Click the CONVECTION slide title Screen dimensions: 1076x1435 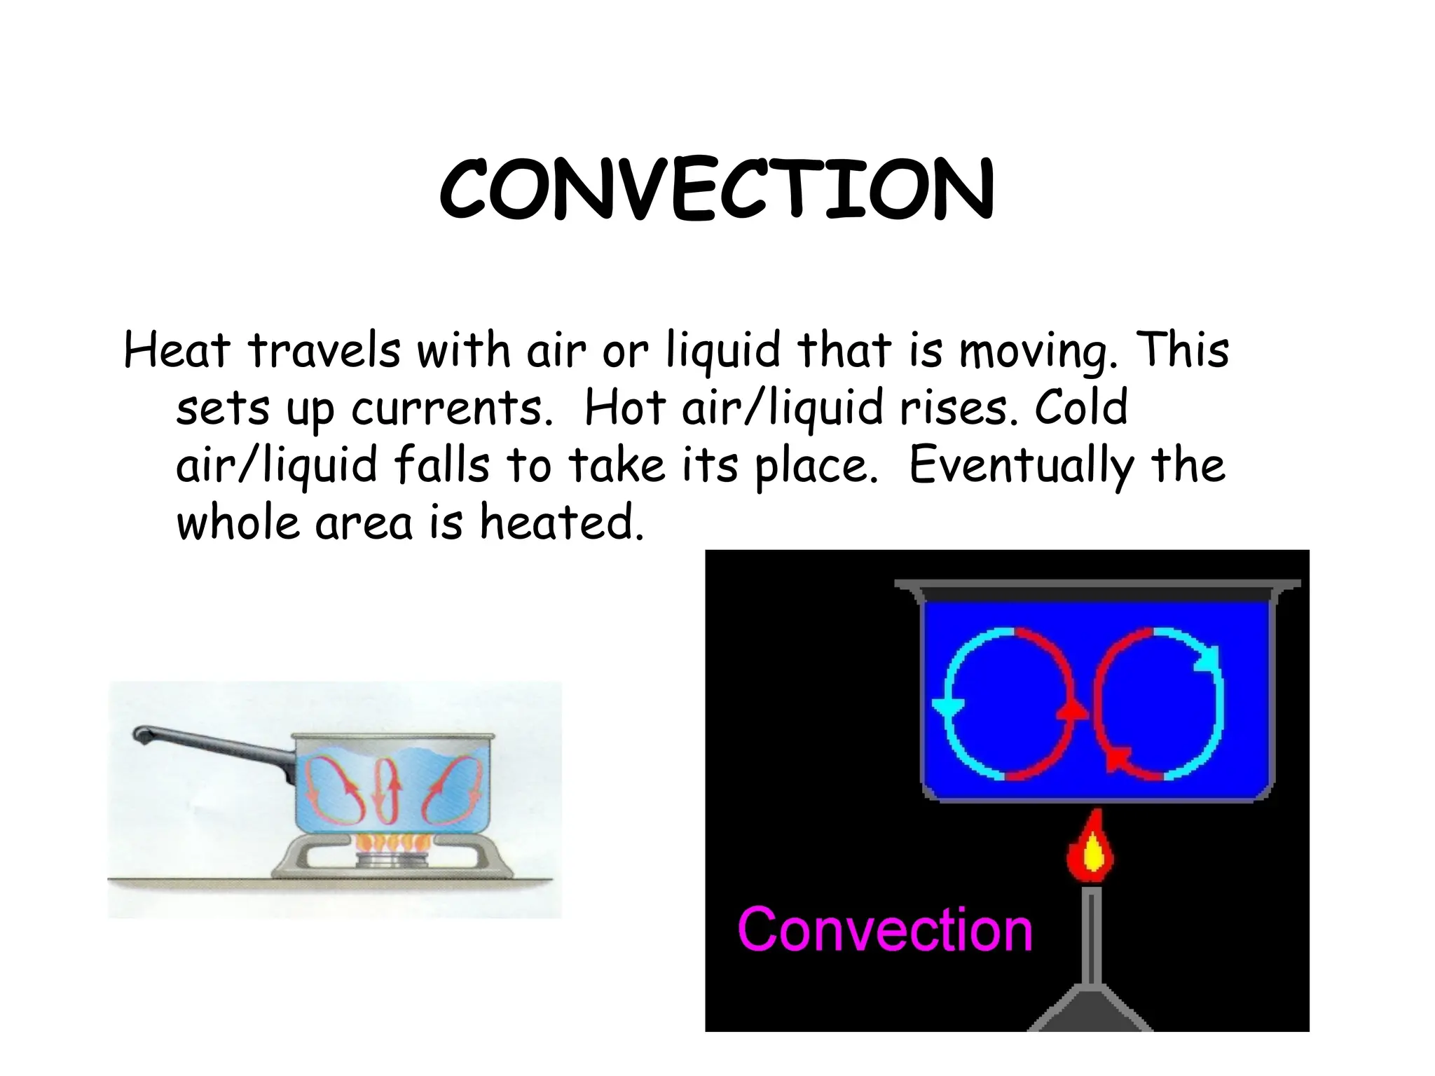coord(716,188)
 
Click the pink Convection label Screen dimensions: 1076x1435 coord(885,930)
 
